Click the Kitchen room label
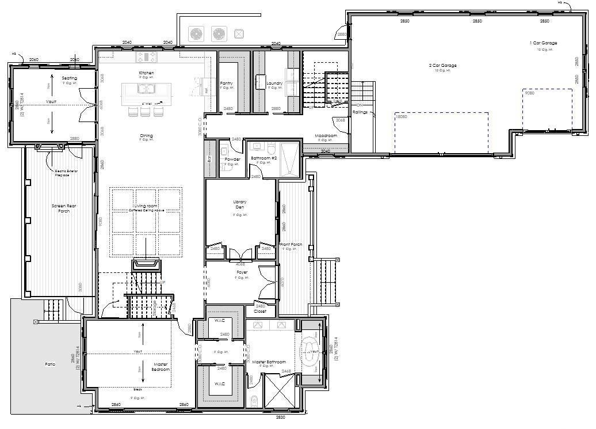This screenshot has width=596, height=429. point(146,73)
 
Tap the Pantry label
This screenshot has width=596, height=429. point(227,83)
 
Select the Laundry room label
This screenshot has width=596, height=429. point(275,83)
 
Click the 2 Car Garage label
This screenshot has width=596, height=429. point(442,66)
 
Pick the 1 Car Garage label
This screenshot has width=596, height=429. point(543,43)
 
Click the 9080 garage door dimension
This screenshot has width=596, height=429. point(529,93)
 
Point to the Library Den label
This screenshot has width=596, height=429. point(240,204)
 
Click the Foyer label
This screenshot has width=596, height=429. point(242,272)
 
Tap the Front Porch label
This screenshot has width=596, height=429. point(291,245)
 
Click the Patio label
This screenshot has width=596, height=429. point(51,364)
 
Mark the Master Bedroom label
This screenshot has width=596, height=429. point(162,367)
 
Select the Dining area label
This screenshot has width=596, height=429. point(146,136)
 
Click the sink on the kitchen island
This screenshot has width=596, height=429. point(146,89)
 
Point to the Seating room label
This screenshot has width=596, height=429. point(70,78)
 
